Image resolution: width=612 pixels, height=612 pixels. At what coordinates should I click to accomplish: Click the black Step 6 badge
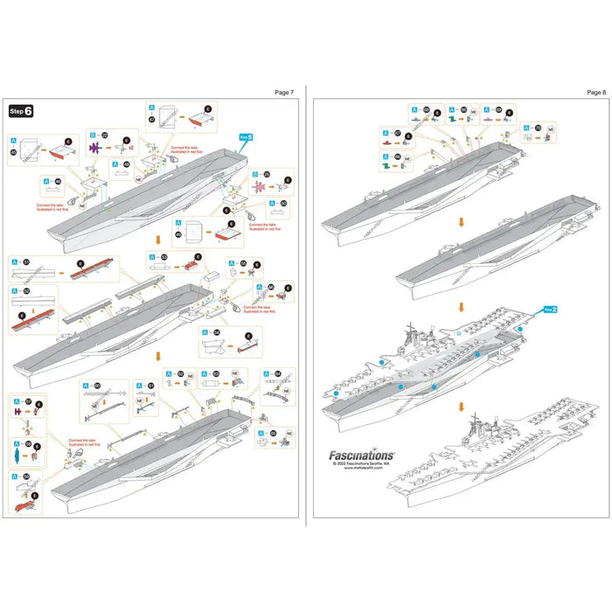click(21, 111)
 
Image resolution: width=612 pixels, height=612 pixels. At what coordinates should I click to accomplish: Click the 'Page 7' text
click(284, 91)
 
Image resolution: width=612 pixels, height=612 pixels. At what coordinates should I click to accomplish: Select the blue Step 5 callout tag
click(247, 137)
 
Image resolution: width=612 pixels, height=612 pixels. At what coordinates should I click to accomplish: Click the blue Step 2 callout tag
click(551, 309)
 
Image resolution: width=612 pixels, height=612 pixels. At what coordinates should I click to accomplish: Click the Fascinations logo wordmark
click(361, 455)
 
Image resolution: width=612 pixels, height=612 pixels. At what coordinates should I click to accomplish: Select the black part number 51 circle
click(26, 261)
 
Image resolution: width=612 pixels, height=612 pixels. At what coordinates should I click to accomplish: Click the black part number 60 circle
click(97, 385)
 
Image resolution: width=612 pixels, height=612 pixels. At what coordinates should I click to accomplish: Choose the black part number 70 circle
click(537, 129)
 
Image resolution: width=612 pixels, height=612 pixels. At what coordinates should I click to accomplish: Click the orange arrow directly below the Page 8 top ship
click(462, 222)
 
